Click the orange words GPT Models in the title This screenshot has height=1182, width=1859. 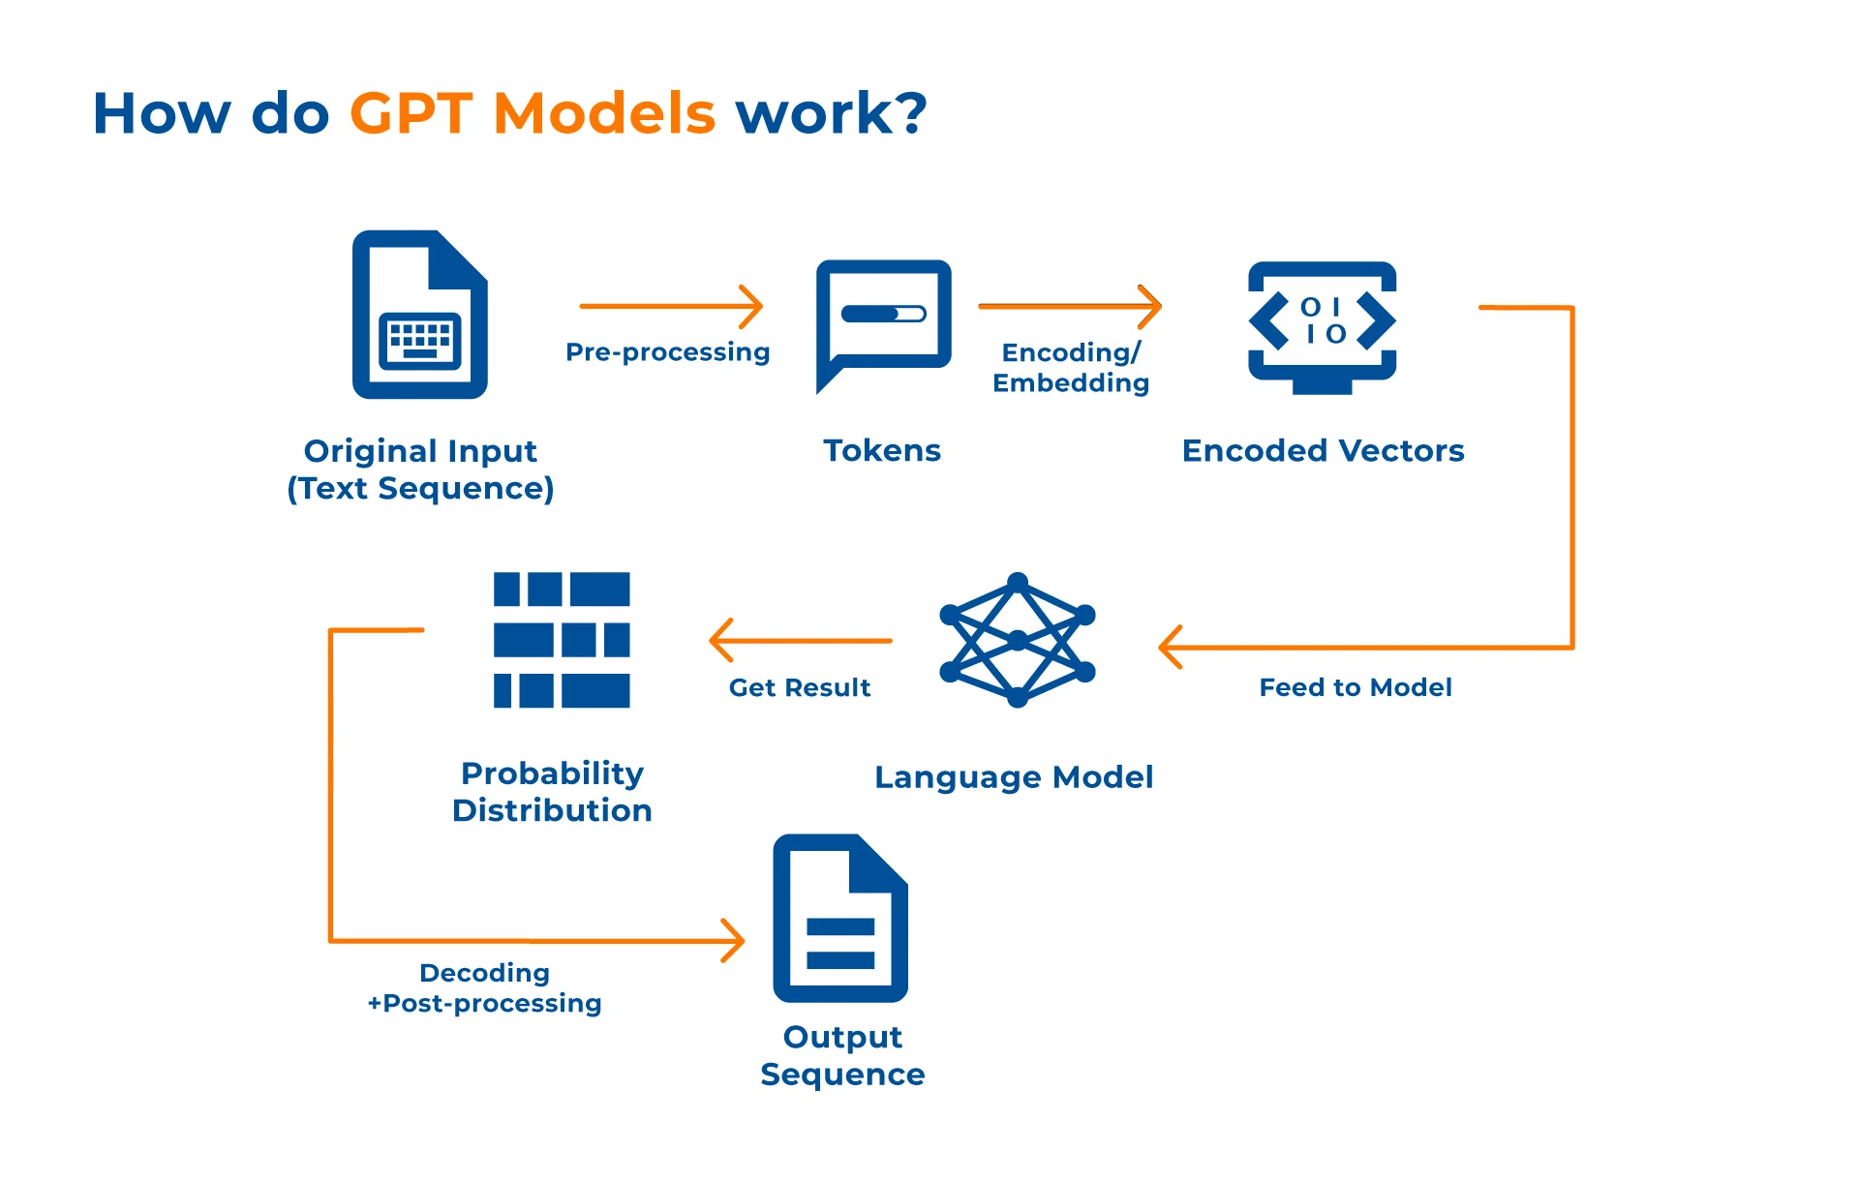pyautogui.click(x=532, y=113)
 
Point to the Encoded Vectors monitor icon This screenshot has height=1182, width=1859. pyautogui.click(x=1323, y=327)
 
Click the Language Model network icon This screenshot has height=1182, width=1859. pyautogui.click(x=1018, y=640)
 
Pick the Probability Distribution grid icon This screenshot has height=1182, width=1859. pyautogui.click(x=562, y=640)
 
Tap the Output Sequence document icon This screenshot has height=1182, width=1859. pyautogui.click(x=840, y=918)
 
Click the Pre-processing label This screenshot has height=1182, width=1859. pyautogui.click(x=667, y=352)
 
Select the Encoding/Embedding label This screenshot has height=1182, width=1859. pyautogui.click(x=1071, y=368)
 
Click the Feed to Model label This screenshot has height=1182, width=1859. pyautogui.click(x=1356, y=687)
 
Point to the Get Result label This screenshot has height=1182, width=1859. pyautogui.click(x=800, y=687)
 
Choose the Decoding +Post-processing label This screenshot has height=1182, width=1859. pyautogui.click(x=484, y=987)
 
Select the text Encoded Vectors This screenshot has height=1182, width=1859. pyautogui.click(x=1323, y=450)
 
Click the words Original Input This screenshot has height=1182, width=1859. pyautogui.click(x=420, y=451)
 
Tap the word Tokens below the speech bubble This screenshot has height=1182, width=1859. pyautogui.click(x=882, y=450)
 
